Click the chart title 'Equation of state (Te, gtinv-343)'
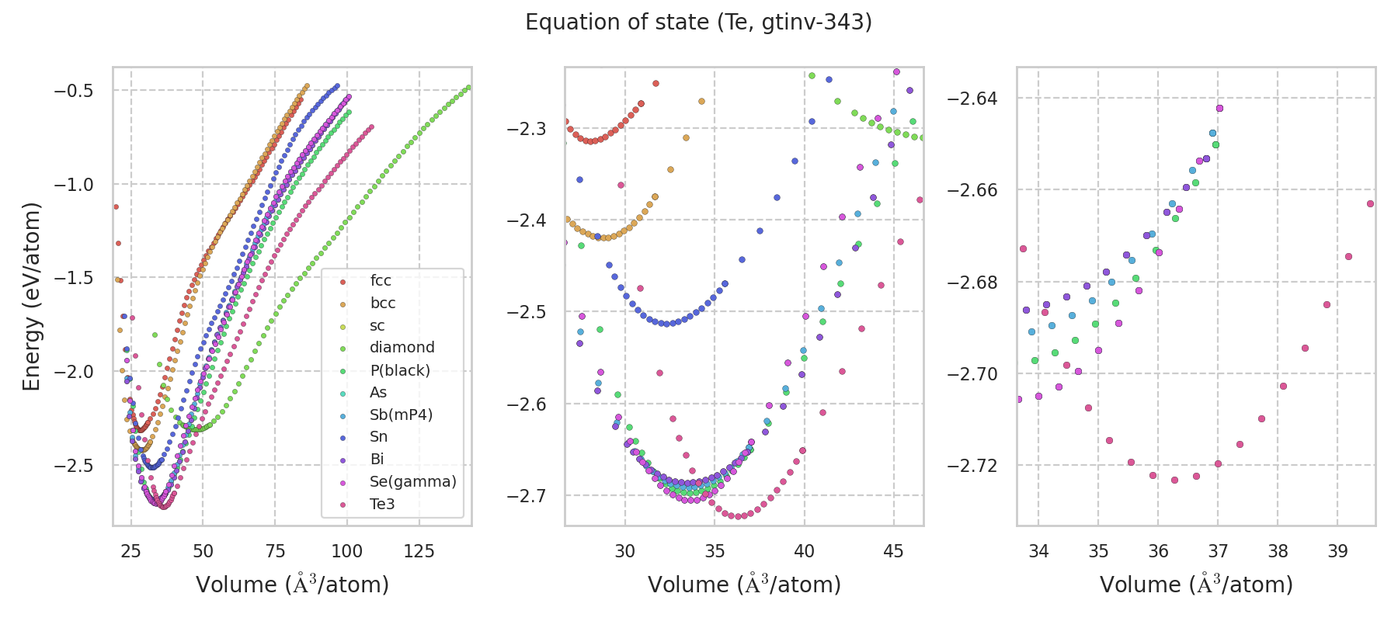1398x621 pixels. [x=698, y=23]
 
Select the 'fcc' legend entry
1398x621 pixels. [x=381, y=281]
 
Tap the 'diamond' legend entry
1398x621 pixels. [x=402, y=348]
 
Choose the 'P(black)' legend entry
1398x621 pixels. [x=399, y=370]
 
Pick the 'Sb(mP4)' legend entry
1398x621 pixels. [x=401, y=415]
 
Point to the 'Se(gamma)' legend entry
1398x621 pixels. [x=412, y=482]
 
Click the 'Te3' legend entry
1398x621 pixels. [x=382, y=505]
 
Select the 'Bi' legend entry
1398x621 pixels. [x=377, y=460]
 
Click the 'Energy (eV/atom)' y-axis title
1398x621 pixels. [x=32, y=297]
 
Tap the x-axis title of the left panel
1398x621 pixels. [x=292, y=585]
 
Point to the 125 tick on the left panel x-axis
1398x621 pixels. [x=419, y=551]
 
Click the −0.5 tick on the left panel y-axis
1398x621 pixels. [x=74, y=91]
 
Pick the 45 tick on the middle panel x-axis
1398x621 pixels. [x=894, y=551]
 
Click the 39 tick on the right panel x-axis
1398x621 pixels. [x=1337, y=551]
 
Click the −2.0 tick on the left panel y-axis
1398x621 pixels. [x=74, y=372]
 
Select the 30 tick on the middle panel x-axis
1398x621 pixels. [x=625, y=551]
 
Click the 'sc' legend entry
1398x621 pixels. [x=377, y=326]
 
